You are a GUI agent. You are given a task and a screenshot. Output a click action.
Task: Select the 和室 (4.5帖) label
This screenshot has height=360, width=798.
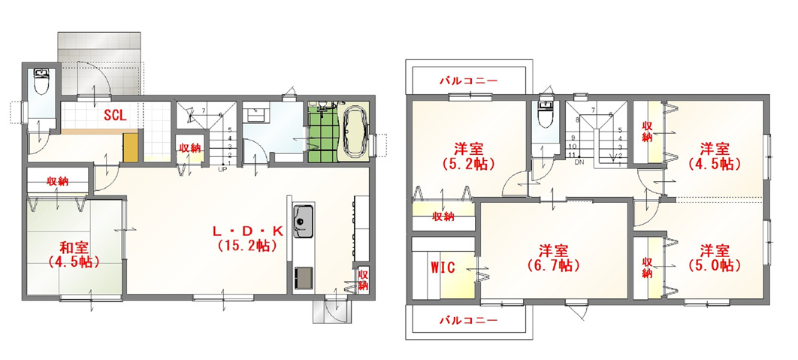(74, 255)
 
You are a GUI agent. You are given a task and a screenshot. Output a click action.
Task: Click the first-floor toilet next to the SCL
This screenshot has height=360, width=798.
(41, 81)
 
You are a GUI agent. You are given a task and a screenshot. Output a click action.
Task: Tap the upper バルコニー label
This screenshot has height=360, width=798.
(468, 80)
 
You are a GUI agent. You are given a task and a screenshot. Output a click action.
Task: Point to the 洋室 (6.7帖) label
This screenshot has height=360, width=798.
(554, 258)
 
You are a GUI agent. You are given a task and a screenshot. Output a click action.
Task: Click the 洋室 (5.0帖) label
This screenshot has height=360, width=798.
(714, 258)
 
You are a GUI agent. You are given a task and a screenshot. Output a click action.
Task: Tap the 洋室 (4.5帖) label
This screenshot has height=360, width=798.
(714, 156)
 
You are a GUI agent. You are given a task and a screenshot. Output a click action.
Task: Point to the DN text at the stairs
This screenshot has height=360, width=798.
(578, 163)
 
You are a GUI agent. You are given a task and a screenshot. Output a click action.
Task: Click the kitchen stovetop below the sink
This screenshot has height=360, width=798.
(304, 278)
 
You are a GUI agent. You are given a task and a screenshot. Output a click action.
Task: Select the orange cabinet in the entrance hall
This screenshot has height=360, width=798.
(131, 147)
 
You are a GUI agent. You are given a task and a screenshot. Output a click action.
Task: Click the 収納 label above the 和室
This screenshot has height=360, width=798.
(58, 181)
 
